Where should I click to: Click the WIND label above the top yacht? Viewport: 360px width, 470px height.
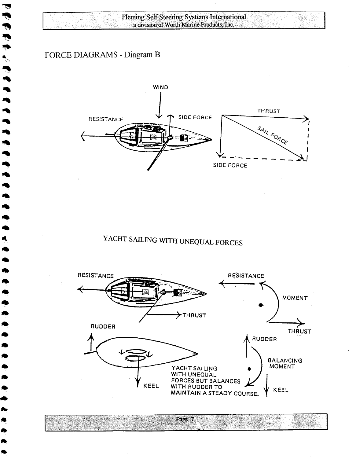(160, 87)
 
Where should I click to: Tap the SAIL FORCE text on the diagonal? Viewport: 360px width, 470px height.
(272, 135)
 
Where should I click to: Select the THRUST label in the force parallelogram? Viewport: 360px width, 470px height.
(269, 111)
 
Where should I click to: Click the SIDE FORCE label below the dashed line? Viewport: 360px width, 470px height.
(230, 166)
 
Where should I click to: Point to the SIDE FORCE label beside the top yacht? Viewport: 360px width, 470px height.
(195, 118)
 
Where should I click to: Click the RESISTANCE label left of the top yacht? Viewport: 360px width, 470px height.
(106, 119)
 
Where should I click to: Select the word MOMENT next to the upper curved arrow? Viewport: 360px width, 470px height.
(295, 298)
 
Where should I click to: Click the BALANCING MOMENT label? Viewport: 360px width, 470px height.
(285, 364)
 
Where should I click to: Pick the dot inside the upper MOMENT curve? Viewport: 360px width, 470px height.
(260, 305)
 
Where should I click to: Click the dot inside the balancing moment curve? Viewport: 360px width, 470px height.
(249, 369)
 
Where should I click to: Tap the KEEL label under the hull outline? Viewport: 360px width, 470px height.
(151, 386)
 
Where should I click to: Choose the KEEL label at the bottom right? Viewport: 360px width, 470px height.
(281, 390)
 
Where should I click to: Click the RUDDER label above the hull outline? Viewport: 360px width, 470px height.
(103, 327)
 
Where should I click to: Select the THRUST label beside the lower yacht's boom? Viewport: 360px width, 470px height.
(194, 316)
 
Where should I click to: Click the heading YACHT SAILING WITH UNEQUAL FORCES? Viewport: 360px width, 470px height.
(173, 241)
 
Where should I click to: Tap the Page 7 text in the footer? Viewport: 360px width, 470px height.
(185, 420)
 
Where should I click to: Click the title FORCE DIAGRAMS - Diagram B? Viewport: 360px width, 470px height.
(102, 55)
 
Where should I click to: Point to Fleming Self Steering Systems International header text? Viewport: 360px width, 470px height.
(184, 17)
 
